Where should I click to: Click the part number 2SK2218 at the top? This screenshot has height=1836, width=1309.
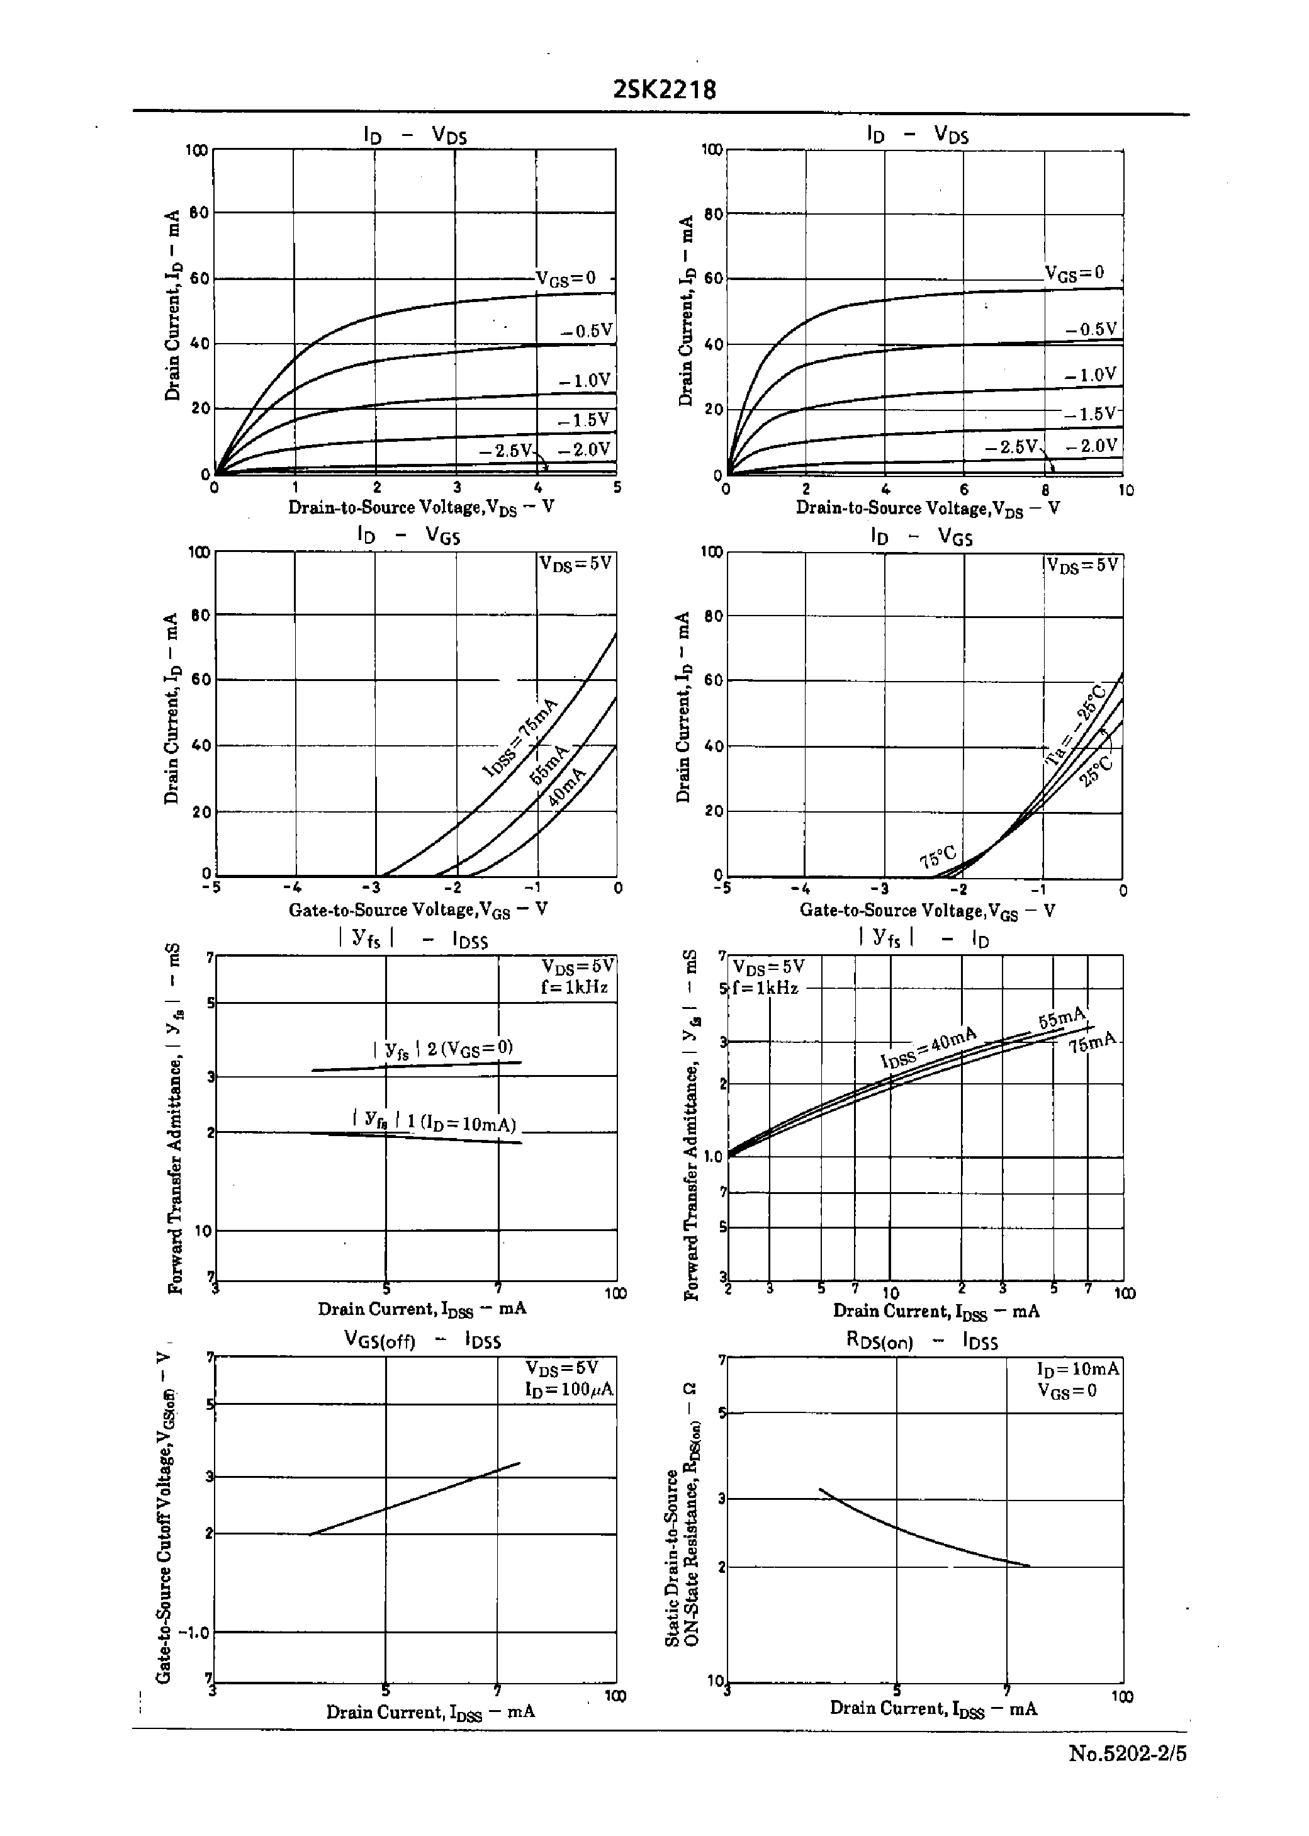pos(664,89)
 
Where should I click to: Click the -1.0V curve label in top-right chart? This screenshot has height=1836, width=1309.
pos(1090,375)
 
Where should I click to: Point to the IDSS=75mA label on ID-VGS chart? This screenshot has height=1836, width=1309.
pos(520,738)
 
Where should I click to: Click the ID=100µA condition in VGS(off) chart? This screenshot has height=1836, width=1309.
pos(569,1390)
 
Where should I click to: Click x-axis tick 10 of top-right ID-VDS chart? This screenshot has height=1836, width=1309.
pos(1125,490)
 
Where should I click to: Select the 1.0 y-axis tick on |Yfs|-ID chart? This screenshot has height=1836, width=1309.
pos(712,1157)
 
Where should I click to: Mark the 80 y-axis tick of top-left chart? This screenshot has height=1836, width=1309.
pos(199,213)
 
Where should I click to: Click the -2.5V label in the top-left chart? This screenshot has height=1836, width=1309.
pos(505,450)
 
